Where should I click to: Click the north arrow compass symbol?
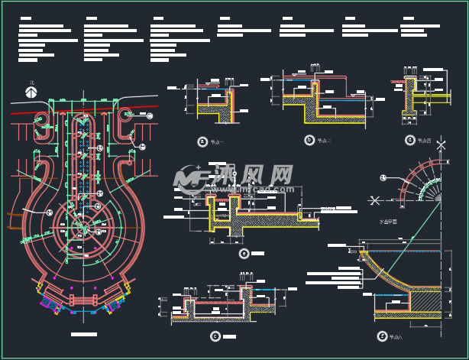click(x=31, y=92)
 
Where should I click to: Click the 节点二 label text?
click(x=324, y=141)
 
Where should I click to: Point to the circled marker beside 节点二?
click(x=309, y=140)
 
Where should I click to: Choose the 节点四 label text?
click(x=424, y=141)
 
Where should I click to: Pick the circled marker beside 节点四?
click(x=410, y=140)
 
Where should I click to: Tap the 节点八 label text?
click(x=395, y=336)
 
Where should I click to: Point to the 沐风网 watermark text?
click(x=252, y=176)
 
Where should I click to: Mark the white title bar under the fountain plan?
click(x=83, y=335)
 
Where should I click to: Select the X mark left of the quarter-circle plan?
click(x=374, y=200)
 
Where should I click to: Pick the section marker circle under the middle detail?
click(x=244, y=254)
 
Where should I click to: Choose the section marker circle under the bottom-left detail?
click(x=215, y=336)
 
